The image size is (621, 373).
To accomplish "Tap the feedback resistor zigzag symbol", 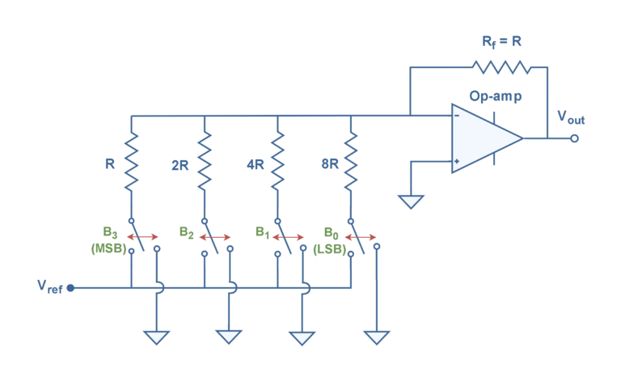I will (x=501, y=66).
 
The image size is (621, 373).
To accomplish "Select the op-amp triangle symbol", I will (x=485, y=138).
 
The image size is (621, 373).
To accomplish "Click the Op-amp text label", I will (x=496, y=96).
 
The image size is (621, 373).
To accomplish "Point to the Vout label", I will (x=571, y=118).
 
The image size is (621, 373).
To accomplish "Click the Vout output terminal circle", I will (x=575, y=138).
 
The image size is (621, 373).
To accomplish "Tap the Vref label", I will (x=49, y=286).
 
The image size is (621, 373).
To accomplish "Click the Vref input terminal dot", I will (x=70, y=286).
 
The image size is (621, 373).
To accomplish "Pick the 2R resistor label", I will (x=180, y=164).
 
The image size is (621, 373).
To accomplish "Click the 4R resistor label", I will (x=256, y=164).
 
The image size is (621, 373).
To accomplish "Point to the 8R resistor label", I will (x=329, y=164).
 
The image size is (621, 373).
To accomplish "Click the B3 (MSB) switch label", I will (x=109, y=241).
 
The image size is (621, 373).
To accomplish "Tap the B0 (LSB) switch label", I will (x=330, y=240).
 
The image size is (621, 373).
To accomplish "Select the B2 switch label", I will (x=187, y=234).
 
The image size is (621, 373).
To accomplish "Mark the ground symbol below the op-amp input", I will (x=411, y=201).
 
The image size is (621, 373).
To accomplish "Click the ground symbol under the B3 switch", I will (x=157, y=337).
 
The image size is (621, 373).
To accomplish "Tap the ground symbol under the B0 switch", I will (x=375, y=337).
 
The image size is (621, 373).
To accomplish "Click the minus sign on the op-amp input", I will (x=457, y=116).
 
